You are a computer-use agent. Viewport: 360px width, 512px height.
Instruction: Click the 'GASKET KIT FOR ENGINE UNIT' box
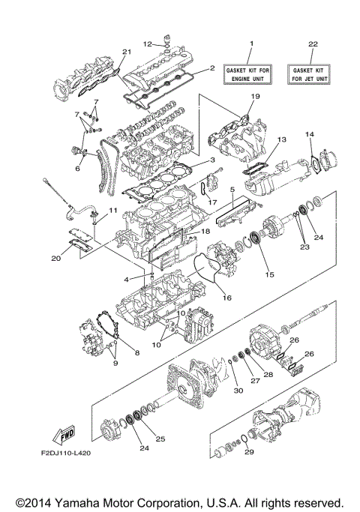[x=251, y=73]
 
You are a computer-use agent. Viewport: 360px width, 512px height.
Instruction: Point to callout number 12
[x=148, y=43]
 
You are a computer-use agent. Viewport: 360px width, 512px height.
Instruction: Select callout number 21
[x=127, y=52]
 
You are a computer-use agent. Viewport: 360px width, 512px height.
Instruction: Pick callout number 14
[x=308, y=134]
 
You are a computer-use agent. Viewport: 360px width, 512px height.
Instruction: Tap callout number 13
[x=282, y=140]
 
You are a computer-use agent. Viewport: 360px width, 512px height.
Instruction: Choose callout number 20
[x=55, y=259]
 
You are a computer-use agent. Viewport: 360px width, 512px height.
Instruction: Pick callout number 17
[x=212, y=202]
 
